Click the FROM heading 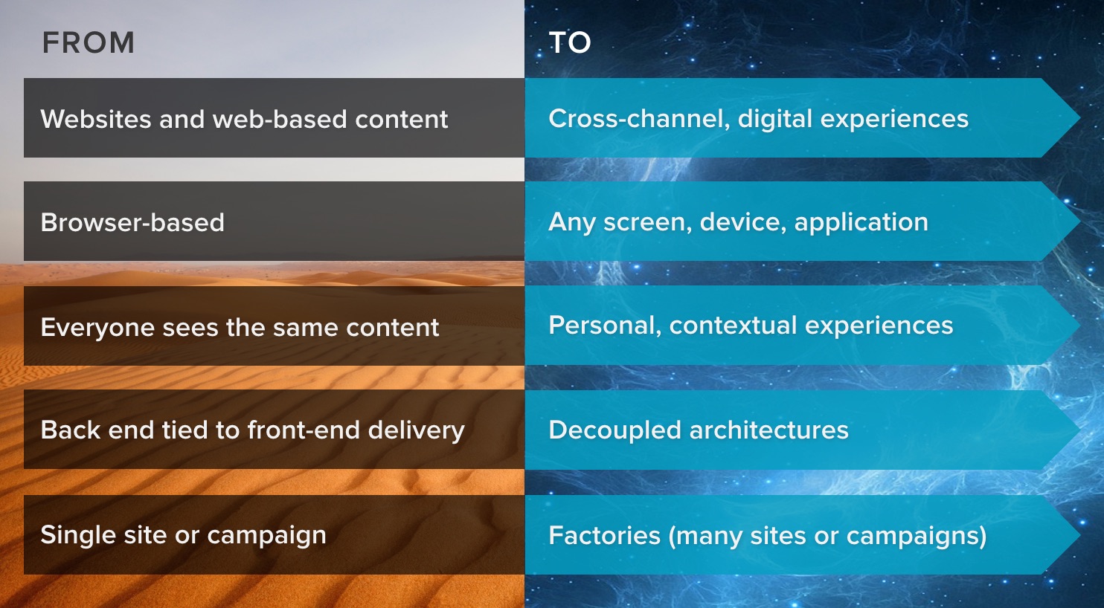pos(88,43)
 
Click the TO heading pos(570,43)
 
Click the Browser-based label pos(132,222)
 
